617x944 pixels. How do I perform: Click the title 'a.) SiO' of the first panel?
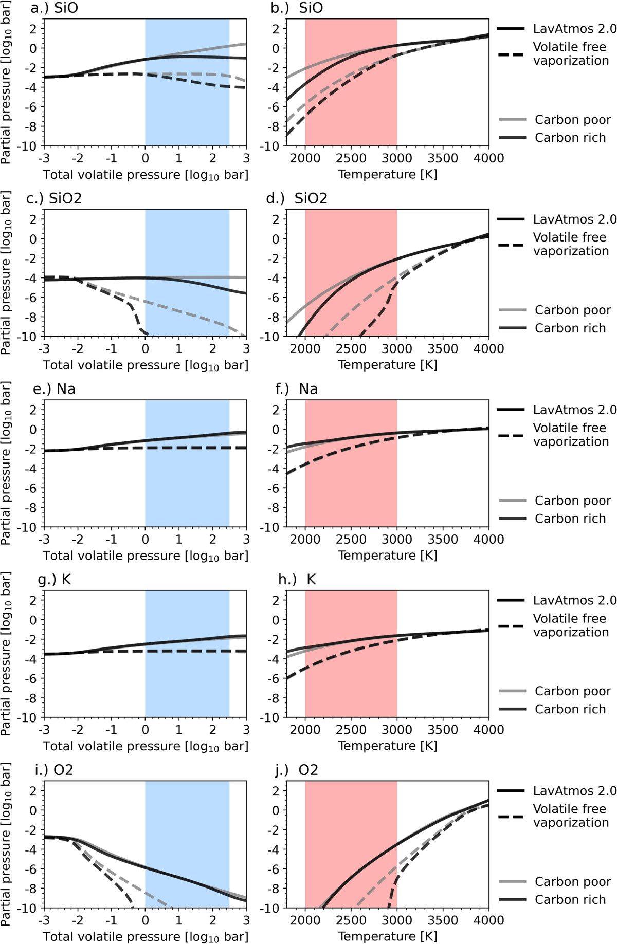54,8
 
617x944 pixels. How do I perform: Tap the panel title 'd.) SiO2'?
297,198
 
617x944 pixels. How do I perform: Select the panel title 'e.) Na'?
54,389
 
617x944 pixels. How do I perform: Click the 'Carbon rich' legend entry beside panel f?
570,519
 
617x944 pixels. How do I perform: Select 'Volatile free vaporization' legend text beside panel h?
571,625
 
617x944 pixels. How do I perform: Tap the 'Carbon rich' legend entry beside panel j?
570,900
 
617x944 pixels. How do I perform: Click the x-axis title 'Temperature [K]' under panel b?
388,175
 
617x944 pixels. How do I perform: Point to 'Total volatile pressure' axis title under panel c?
146,365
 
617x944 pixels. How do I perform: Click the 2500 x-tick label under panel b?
351,158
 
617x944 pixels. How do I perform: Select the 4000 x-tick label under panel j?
488,920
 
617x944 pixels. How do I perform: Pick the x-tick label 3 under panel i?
246,920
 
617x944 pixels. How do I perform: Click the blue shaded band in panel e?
187,488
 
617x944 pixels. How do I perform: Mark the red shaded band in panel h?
351,678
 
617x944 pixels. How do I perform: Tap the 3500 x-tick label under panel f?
443,539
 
